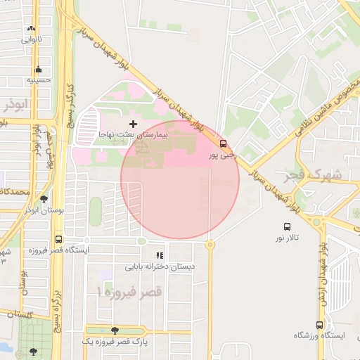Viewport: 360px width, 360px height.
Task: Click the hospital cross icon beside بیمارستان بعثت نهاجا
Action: pyautogui.click(x=134, y=124)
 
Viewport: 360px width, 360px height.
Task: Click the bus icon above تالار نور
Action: pyautogui.click(x=287, y=226)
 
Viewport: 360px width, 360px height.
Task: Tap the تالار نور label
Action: pyautogui.click(x=287, y=238)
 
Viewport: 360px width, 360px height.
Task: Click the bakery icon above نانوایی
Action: pyautogui.click(x=31, y=29)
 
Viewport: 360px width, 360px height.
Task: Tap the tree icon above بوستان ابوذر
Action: pyautogui.click(x=44, y=200)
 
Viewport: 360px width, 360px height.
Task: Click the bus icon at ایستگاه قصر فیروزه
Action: pyautogui.click(x=58, y=239)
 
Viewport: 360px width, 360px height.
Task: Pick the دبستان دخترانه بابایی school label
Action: pyautogui.click(x=160, y=266)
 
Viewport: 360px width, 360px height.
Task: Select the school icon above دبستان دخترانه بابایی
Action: pyautogui.click(x=160, y=256)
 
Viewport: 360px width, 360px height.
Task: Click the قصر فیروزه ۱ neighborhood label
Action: pyautogui.click(x=129, y=290)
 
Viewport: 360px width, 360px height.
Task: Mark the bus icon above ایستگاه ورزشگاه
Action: pyautogui.click(x=320, y=326)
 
